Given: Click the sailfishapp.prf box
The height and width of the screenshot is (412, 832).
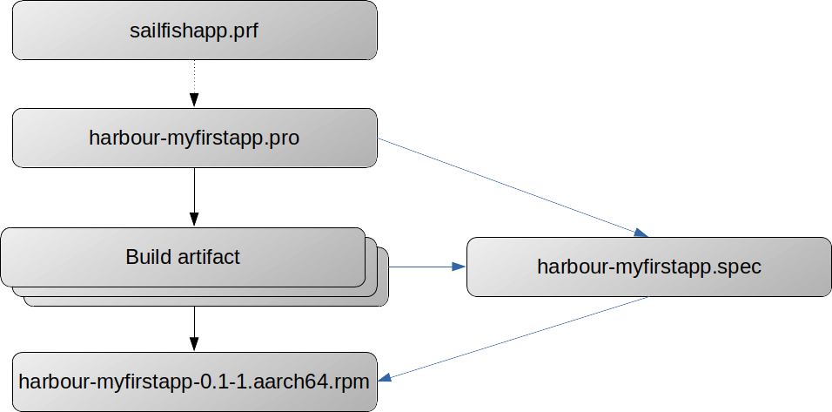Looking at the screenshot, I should [x=194, y=30].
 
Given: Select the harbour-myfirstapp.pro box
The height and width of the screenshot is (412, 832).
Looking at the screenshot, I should [x=194, y=138].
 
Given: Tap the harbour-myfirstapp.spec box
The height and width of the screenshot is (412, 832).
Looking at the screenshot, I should [x=648, y=267].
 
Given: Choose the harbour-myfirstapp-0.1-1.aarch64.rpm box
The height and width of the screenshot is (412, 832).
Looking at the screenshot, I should [x=194, y=382].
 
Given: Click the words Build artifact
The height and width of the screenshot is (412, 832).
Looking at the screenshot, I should [x=183, y=257].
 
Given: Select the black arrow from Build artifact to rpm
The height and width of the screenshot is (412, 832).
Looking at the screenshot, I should [x=194, y=329].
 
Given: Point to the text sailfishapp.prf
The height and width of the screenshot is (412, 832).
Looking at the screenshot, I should [x=194, y=31].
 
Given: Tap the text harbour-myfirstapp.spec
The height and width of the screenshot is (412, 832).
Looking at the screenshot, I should [x=649, y=267].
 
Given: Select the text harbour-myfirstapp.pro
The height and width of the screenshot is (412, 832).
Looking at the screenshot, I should [x=194, y=138].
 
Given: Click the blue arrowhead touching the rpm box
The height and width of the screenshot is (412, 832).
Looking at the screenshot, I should [x=385, y=378].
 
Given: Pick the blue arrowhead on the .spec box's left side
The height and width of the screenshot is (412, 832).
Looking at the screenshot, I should [x=460, y=267].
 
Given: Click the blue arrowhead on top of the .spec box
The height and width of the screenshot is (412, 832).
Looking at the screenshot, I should [x=641, y=233].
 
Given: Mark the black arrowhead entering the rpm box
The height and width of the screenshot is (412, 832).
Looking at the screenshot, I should [x=194, y=346].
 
